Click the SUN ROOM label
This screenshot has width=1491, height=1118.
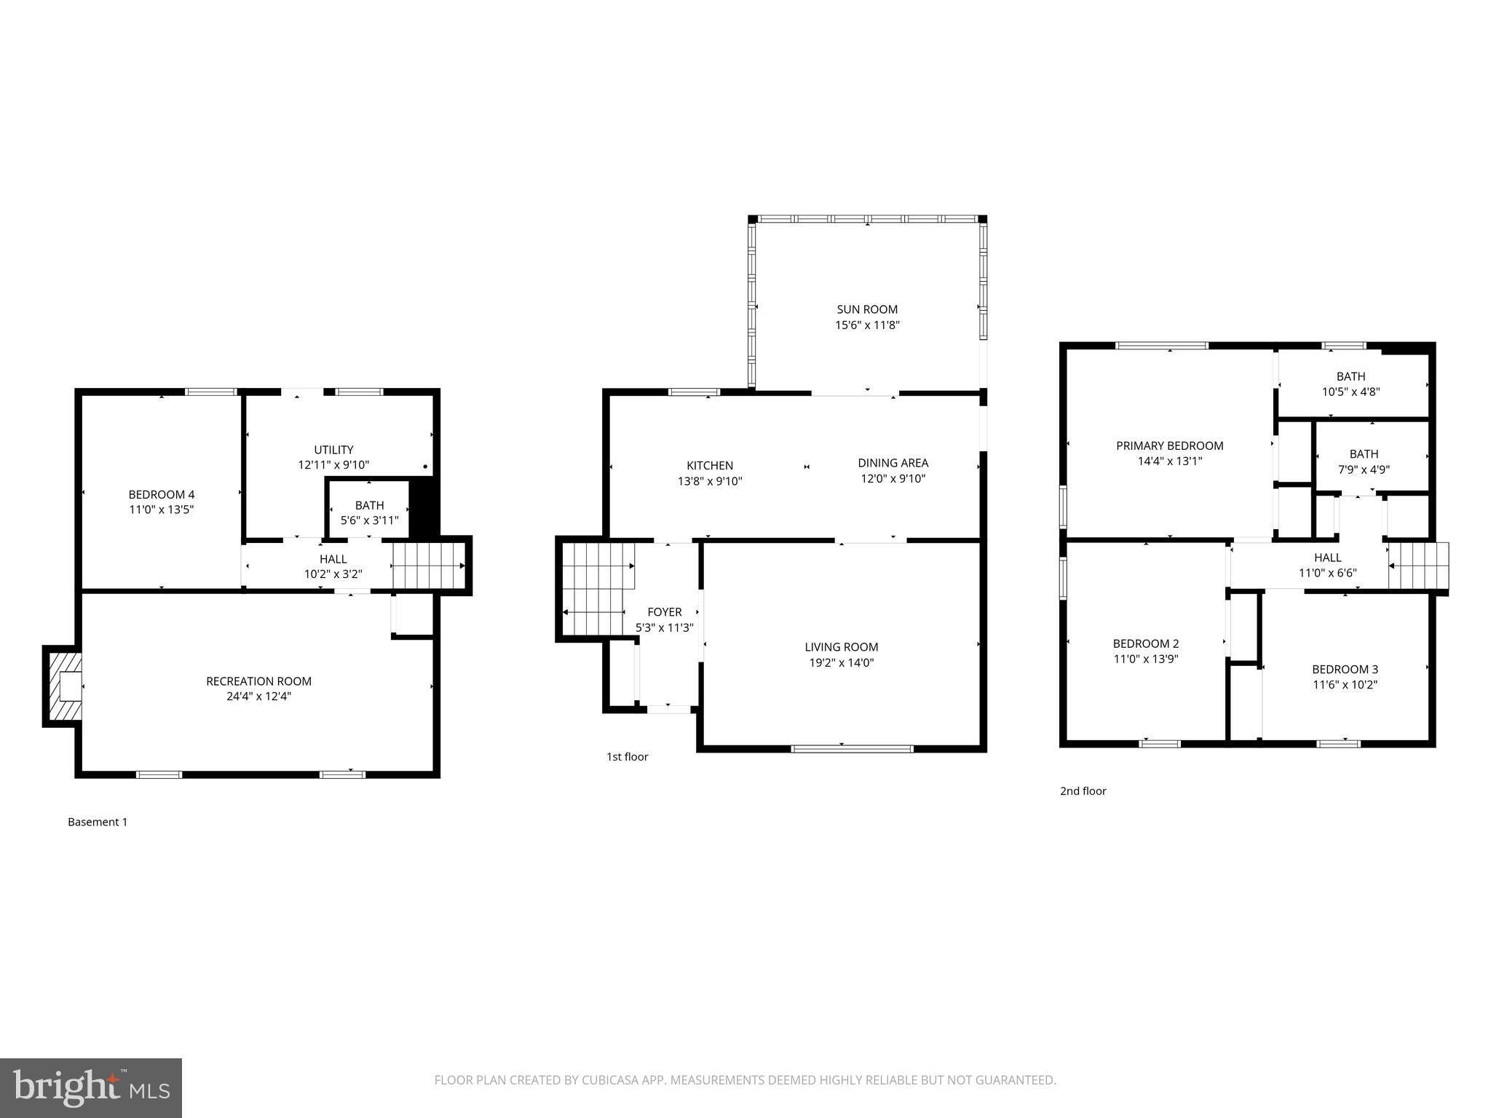[x=866, y=309]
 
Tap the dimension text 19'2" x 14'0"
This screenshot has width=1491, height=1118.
[x=841, y=662]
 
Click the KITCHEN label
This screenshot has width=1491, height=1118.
[x=710, y=466]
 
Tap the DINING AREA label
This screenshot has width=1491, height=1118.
[x=893, y=463]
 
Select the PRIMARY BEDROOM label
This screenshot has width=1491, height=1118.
[x=1169, y=445]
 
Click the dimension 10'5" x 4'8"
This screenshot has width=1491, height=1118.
[x=1350, y=392]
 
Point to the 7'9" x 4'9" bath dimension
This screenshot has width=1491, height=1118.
[x=1364, y=469]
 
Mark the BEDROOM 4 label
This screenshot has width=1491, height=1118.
[x=162, y=494]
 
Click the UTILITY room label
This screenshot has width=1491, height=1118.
[x=333, y=450]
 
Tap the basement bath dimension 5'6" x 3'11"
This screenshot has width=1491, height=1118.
[x=369, y=520]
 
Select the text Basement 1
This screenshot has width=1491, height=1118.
[x=98, y=822]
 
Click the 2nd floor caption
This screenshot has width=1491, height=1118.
[x=1083, y=791]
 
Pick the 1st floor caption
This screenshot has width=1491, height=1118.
[x=627, y=757]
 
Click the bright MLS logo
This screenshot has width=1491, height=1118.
[x=91, y=1087]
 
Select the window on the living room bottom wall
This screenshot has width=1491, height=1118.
[x=852, y=748]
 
